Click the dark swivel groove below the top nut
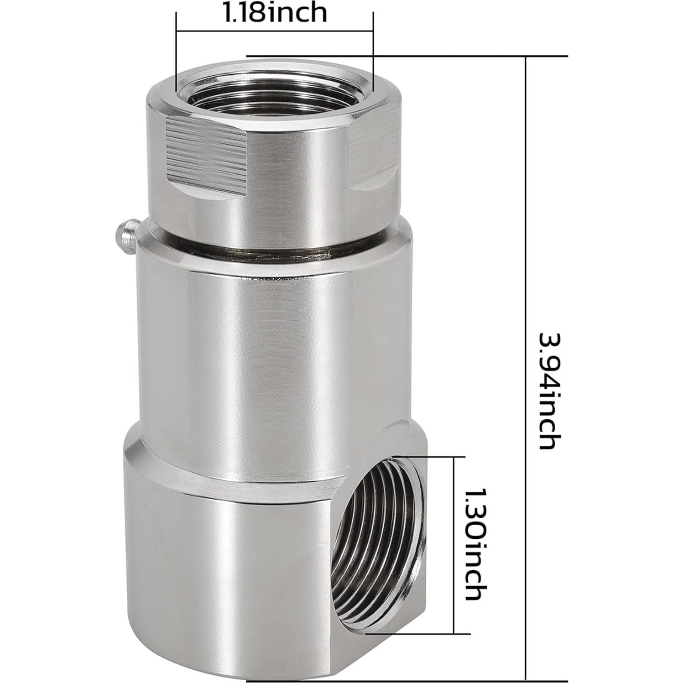pos(274,249)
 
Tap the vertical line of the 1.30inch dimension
pos(454,545)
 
